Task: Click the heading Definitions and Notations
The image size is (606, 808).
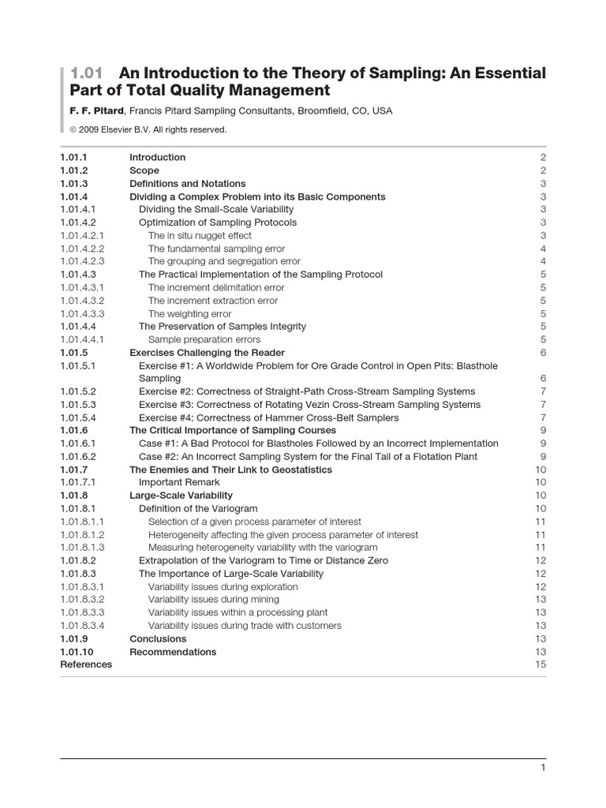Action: pyautogui.click(x=187, y=183)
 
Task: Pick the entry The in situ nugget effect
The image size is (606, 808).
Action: pyautogui.click(x=200, y=235)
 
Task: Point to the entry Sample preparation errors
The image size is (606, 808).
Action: pyautogui.click(x=204, y=339)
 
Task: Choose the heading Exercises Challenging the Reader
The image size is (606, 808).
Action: pyautogui.click(x=207, y=353)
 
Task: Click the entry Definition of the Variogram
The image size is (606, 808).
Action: pyautogui.click(x=198, y=509)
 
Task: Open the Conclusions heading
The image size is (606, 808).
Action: pyautogui.click(x=158, y=638)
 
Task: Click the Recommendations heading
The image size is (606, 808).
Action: pyautogui.click(x=173, y=652)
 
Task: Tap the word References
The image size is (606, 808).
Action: pyautogui.click(x=86, y=664)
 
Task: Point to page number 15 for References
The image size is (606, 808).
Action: pyautogui.click(x=541, y=664)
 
